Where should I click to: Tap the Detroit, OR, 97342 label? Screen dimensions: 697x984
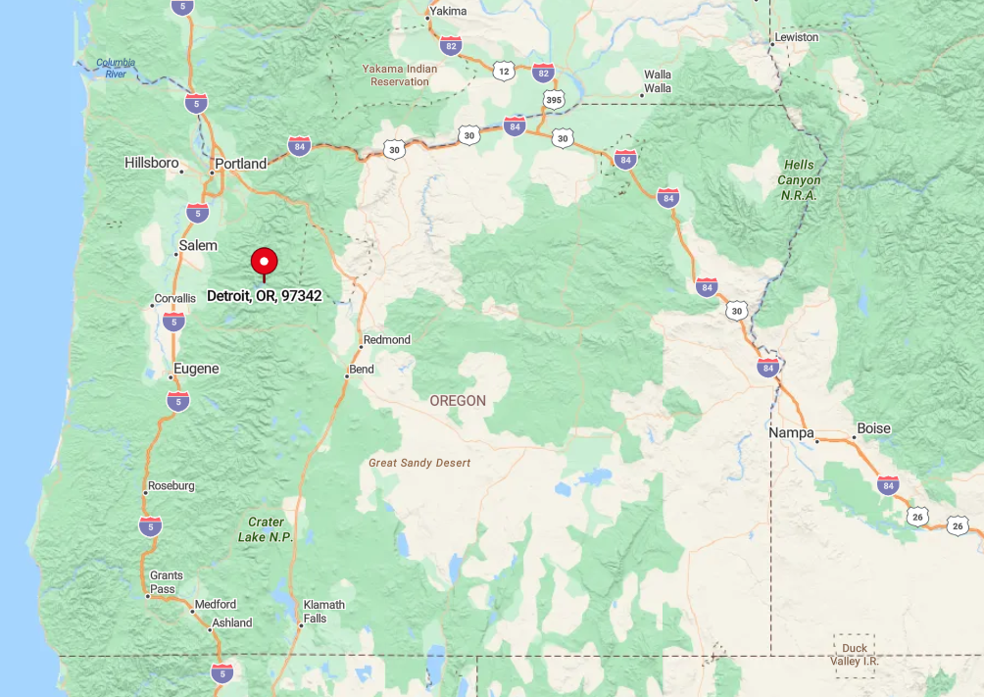(x=264, y=295)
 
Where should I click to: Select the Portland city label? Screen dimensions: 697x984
(x=241, y=164)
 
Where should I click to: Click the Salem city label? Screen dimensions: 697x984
(x=198, y=245)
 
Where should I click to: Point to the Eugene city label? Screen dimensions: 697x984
(x=196, y=369)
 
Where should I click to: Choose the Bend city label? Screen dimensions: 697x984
(x=361, y=370)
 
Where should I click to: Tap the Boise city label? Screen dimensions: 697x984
(x=873, y=428)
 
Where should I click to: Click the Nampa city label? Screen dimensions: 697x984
(x=791, y=432)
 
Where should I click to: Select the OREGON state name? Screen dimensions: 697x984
(x=458, y=401)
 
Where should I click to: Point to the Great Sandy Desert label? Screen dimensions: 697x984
(x=419, y=463)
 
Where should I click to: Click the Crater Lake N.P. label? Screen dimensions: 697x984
(x=266, y=529)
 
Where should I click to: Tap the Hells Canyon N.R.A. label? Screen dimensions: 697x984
(x=800, y=180)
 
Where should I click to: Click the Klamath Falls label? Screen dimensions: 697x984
(x=323, y=611)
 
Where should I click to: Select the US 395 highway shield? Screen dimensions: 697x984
(x=554, y=100)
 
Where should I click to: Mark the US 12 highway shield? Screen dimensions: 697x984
(x=504, y=71)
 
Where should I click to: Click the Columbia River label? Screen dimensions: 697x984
(x=117, y=69)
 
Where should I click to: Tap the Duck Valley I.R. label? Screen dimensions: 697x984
(x=855, y=655)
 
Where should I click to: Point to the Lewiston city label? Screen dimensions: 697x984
(x=796, y=37)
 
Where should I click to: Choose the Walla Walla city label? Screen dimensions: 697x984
(x=658, y=81)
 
